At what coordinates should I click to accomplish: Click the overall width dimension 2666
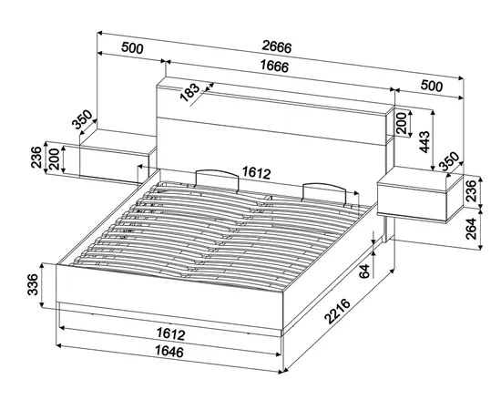pos(277,47)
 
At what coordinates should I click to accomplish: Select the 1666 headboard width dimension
pos(274,67)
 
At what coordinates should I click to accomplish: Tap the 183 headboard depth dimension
pos(189,92)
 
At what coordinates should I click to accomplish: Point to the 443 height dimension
pos(424,141)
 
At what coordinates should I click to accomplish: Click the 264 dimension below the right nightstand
pos(471,229)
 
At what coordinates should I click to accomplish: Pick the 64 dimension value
pos(364,271)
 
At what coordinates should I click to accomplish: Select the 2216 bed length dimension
pos(337,312)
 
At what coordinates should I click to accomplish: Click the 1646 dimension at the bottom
pos(169,352)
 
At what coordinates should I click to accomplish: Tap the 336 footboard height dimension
pos(33,284)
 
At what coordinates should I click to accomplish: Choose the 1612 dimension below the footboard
pos(171,334)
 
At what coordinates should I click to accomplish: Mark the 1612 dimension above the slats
pos(256,172)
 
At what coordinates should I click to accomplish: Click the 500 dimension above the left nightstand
pos(132,47)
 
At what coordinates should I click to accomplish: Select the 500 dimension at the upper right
pos(432,86)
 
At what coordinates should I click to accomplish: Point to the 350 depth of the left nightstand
pos(82,119)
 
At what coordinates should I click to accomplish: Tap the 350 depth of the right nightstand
pos(449,161)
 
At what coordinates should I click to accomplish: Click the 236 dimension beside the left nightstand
pos(36,158)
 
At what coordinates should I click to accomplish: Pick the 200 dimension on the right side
pos(402,123)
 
